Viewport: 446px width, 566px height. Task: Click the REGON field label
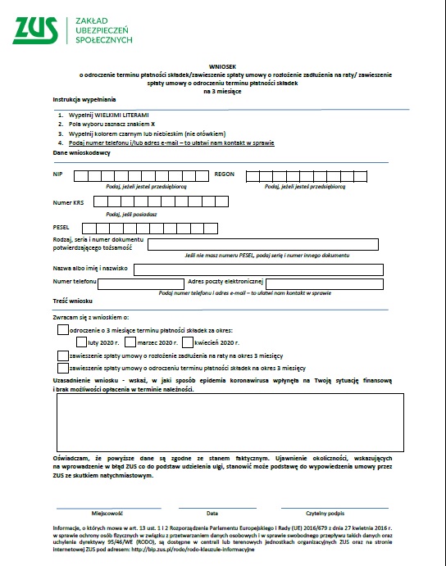tap(224, 174)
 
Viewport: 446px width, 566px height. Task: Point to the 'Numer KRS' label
tap(67, 202)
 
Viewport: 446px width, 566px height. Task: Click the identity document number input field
tap(262, 244)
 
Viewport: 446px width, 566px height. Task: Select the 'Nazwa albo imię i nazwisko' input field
tap(258, 269)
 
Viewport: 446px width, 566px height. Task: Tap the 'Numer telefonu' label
tap(74, 282)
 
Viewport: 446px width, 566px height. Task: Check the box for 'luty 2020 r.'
tap(82, 342)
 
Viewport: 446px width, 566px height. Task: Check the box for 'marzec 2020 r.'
tap(132, 342)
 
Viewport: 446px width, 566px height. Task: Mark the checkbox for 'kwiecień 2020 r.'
tap(188, 342)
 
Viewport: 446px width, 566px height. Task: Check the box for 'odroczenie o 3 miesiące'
tap(62, 329)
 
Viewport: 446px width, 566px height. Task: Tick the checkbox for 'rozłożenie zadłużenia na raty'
tap(62, 356)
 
